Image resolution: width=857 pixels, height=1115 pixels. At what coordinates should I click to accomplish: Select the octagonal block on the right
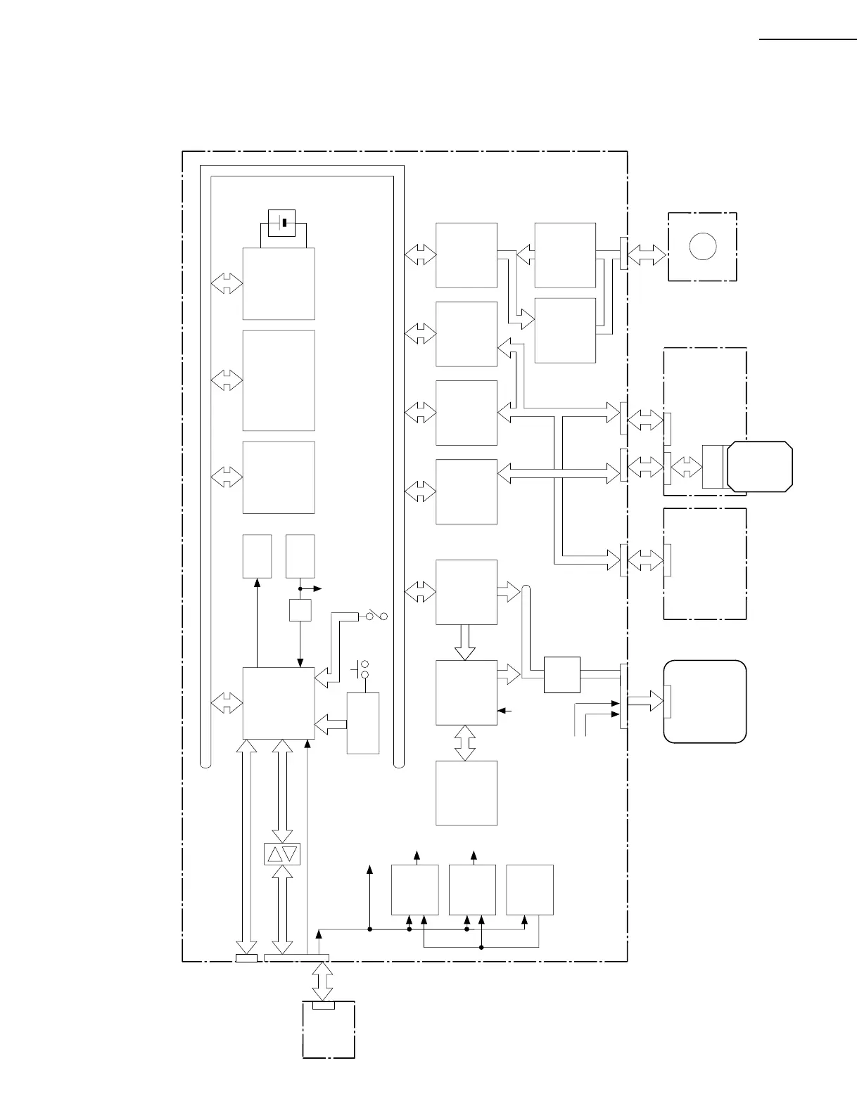[760, 467]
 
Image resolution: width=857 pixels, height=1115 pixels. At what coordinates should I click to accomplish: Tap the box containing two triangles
[281, 854]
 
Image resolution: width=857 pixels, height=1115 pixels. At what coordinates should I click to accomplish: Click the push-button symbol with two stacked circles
[364, 669]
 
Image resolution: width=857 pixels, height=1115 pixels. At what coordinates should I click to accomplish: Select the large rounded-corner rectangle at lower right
[705, 701]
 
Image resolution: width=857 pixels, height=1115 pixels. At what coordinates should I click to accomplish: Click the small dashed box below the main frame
[329, 1030]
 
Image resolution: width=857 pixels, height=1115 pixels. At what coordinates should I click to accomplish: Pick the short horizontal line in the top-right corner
[808, 40]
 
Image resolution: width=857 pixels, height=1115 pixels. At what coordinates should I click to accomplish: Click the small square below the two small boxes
[300, 610]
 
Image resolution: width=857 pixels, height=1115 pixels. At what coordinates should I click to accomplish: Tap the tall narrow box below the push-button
[363, 723]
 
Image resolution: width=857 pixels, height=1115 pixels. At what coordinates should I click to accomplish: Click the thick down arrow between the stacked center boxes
[464, 643]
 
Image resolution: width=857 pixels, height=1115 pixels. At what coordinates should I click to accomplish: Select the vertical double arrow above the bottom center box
[464, 742]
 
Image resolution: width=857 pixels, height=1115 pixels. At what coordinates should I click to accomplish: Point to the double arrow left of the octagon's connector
[686, 465]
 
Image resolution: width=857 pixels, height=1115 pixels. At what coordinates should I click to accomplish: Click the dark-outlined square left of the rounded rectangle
[562, 675]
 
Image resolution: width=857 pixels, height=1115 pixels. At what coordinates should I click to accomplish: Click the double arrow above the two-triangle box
[283, 791]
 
